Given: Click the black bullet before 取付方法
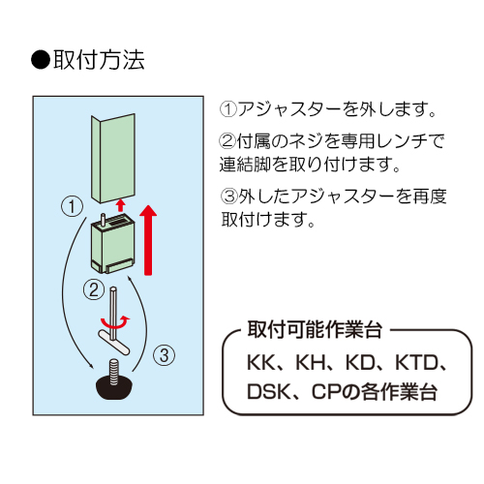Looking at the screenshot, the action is point(41,60).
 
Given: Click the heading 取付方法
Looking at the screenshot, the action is point(99,60).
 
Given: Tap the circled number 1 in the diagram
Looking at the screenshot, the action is point(72,206).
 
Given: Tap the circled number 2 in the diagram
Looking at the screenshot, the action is point(94,289).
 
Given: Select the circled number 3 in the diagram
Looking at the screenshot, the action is point(165,355).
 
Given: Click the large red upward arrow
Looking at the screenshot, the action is point(148,240).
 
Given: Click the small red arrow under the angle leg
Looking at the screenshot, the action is point(121,205).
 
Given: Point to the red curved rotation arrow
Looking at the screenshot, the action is point(115,322).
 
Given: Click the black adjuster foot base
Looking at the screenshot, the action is point(114,387).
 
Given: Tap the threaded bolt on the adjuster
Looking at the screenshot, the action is point(114,372).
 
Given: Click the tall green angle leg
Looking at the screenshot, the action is point(113,159).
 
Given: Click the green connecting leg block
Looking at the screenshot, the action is point(113,246).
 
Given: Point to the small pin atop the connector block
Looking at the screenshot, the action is point(104,220).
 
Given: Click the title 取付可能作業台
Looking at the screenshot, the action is point(315,330).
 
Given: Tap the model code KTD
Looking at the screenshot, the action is point(417,363).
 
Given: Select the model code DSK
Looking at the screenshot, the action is point(268,391).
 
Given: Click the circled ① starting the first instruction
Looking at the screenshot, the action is point(228,109).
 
